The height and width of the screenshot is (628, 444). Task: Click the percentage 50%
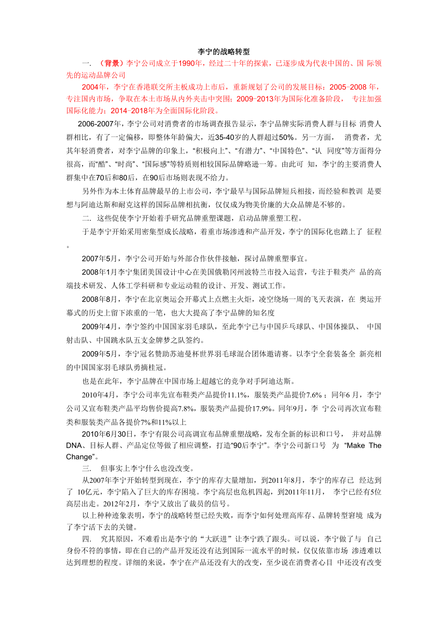point(278,137)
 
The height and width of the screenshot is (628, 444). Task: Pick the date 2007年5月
point(102,258)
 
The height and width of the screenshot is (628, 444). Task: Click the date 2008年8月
point(102,300)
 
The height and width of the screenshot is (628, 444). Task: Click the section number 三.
point(86,468)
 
